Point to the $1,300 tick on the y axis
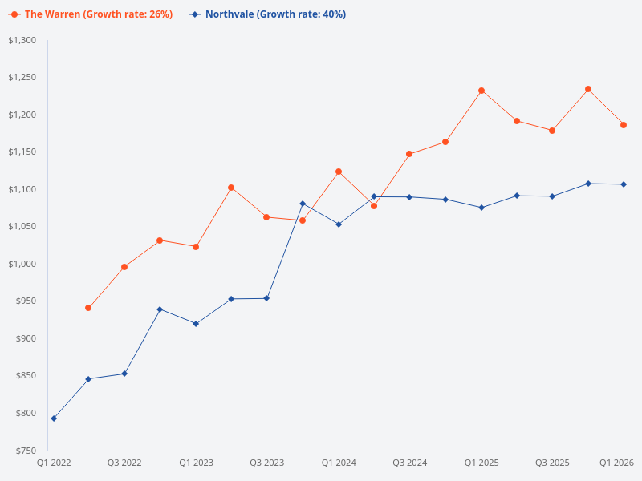[x=23, y=40]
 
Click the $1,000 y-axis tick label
[x=23, y=264]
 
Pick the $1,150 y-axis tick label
[x=23, y=152]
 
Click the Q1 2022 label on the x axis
[x=54, y=463]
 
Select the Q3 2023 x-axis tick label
[x=266, y=463]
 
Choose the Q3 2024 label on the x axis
[x=409, y=463]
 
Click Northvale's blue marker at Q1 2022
[x=54, y=418]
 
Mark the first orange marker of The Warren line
[x=88, y=308]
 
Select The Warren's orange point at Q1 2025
[x=481, y=91]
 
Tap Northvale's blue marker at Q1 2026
[x=624, y=184]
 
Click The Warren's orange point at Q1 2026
[x=624, y=125]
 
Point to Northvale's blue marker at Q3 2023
[x=266, y=298]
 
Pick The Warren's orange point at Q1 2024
[x=339, y=172]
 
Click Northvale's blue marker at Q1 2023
[x=196, y=324]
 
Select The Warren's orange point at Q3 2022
[x=124, y=267]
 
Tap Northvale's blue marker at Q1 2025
[x=481, y=208]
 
